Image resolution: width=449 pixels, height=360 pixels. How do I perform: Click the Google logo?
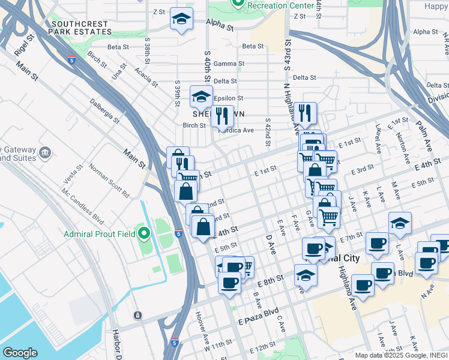pos(20,352)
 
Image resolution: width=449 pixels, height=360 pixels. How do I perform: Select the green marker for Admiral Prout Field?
pos(143,233)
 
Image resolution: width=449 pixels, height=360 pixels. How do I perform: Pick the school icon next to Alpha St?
pos(181,19)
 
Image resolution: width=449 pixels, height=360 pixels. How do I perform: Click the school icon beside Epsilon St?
pos(201,97)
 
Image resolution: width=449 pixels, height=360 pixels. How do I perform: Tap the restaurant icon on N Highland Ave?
pos(305,112)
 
